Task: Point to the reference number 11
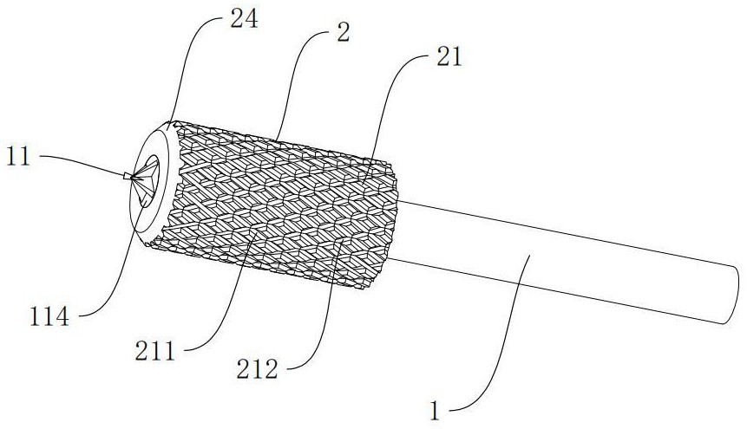[18, 156]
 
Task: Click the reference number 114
[49, 316]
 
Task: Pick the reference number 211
[155, 352]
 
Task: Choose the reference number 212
[258, 369]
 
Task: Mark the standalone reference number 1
[434, 411]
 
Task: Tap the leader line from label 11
[86, 161]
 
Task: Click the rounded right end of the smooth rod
[734, 296]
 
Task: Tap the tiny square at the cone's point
[127, 176]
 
